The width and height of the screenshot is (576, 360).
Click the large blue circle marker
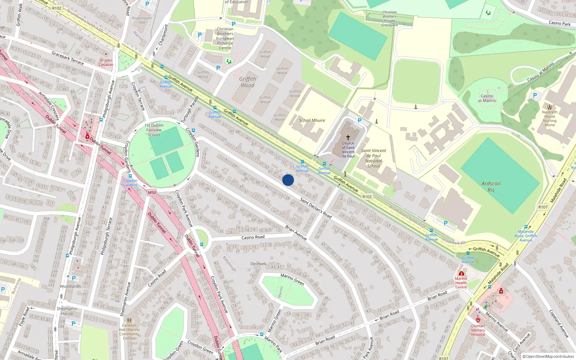click(288, 180)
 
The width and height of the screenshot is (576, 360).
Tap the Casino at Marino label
click(487, 98)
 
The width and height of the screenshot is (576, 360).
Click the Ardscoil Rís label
click(491, 186)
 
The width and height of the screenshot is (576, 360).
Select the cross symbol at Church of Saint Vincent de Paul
click(348, 138)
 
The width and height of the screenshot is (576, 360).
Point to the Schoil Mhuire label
click(312, 121)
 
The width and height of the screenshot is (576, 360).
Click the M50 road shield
click(152, 193)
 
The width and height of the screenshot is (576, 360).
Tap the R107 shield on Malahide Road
click(543, 207)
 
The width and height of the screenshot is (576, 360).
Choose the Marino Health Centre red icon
click(461, 273)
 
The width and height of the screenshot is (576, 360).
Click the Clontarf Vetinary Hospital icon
click(478, 320)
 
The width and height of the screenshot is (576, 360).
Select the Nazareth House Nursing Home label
click(550, 118)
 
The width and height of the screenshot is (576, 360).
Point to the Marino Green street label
click(292, 279)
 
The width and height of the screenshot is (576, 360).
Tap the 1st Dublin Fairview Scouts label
click(154, 130)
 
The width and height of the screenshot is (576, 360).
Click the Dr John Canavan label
click(106, 63)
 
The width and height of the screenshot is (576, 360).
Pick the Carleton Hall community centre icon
click(129, 320)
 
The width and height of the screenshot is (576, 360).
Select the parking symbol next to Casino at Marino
click(535, 95)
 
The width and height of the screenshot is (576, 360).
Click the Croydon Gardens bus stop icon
click(130, 176)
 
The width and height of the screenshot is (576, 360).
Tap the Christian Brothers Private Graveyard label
click(390, 19)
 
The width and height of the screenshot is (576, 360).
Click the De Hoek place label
click(258, 264)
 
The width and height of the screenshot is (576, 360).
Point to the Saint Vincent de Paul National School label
click(373, 158)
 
